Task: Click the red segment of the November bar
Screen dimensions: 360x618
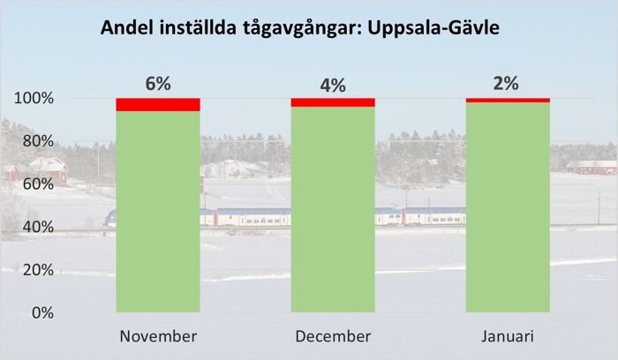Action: pos(158,104)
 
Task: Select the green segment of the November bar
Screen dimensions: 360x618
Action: pos(158,212)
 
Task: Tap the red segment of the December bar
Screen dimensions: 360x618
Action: pos(333,101)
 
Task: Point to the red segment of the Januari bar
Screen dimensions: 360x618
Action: pos(508,100)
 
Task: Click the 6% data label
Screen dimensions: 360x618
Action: pos(158,84)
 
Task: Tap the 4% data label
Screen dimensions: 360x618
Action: pos(333,86)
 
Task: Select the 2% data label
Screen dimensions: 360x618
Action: pos(507,84)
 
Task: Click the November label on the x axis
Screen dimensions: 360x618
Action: pos(158,337)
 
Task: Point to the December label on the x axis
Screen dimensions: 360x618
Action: pos(333,337)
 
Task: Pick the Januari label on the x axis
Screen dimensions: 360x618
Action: pos(508,337)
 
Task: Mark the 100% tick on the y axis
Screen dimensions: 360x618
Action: pos(34,98)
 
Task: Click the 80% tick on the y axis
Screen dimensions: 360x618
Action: pos(37,141)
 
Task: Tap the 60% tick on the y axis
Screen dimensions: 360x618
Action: pos(37,184)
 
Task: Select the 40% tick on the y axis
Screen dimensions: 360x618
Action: pos(37,227)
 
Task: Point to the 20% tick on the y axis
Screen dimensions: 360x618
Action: pos(37,270)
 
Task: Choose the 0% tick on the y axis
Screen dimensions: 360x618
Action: pos(41,313)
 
